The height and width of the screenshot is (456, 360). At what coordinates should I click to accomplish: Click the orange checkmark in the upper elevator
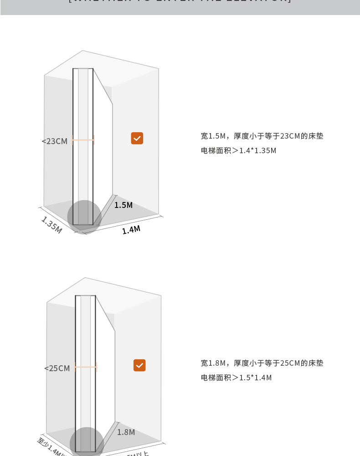pos(137,138)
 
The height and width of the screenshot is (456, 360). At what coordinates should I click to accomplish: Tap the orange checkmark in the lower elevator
pos(139,365)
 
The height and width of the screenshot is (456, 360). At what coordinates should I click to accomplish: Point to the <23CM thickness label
pos(55,141)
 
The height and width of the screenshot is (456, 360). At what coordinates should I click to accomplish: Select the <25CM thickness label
pos(57,368)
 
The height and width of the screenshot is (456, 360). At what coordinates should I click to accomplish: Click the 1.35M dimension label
pos(51,225)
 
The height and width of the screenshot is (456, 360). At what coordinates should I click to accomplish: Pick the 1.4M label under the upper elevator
pos(131,230)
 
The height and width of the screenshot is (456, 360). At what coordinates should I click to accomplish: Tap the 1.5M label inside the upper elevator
pos(123,205)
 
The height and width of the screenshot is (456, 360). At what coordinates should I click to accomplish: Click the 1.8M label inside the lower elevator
pos(126,432)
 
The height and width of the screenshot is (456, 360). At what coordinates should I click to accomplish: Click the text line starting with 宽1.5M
pos(262,136)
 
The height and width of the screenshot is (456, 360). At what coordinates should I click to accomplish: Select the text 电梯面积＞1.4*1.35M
pos(238,150)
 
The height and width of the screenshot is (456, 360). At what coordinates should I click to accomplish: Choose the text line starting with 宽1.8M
pos(262,363)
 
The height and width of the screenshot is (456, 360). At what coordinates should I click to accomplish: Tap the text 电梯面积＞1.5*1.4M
pos(236,378)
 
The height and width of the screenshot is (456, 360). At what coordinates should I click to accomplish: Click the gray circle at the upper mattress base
pos(84,217)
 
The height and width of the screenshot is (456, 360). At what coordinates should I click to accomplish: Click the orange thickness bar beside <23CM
pos(83,140)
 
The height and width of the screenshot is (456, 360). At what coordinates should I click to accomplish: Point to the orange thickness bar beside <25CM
pos(86,367)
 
